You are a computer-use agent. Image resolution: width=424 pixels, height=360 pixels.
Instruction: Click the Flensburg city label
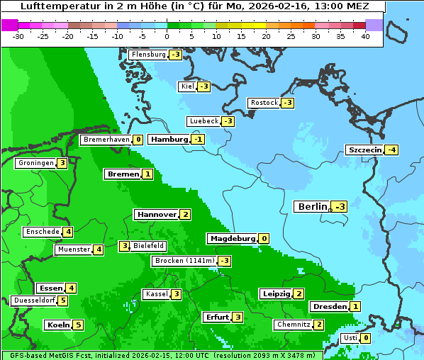(148, 55)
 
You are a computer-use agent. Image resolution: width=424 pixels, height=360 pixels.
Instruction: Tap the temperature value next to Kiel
(204, 86)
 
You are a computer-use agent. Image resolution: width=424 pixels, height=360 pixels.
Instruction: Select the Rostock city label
(264, 103)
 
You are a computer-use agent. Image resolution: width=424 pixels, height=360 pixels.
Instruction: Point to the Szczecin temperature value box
(391, 150)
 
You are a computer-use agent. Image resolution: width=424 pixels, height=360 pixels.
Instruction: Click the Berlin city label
(312, 207)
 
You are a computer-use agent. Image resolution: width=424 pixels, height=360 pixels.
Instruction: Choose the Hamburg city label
(169, 140)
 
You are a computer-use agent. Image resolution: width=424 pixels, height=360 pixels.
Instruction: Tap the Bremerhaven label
(106, 140)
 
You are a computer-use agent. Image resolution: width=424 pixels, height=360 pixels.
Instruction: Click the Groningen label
(35, 163)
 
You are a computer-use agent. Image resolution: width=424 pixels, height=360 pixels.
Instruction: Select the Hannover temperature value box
(185, 214)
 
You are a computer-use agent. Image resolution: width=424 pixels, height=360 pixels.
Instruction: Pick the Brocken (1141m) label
(184, 261)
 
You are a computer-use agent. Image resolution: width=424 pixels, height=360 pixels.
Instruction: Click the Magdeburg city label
(232, 238)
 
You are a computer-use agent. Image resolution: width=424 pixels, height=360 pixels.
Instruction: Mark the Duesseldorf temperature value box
(63, 300)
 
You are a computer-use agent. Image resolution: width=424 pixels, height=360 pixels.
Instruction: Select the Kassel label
(155, 294)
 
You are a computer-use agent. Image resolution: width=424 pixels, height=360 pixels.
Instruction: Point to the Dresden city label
(328, 307)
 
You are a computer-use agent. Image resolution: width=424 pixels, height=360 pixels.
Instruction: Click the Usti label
(350, 338)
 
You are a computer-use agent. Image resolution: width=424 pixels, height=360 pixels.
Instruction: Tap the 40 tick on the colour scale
(365, 36)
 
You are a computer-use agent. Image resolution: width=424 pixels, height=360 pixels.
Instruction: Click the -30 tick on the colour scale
(18, 36)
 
